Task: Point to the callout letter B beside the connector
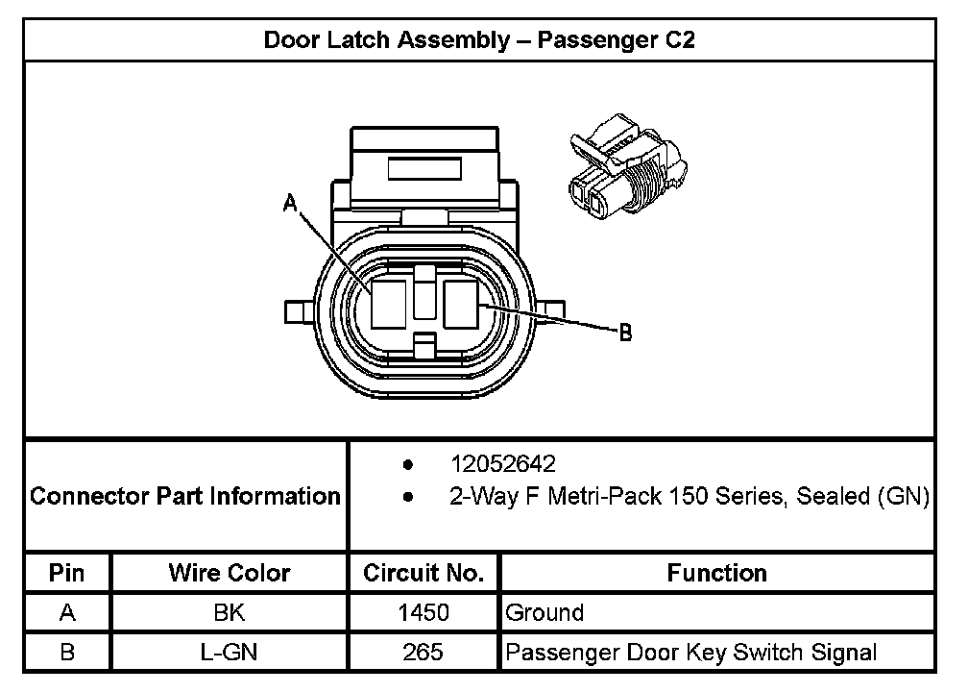[624, 333]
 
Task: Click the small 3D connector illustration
[623, 168]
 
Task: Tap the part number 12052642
[503, 464]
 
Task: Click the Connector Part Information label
[185, 497]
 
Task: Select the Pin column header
[66, 574]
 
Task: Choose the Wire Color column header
[230, 574]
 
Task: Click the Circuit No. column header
[423, 574]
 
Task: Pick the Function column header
[716, 574]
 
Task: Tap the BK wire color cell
[230, 612]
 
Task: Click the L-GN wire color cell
[230, 653]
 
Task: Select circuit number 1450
[423, 612]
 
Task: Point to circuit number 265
[423, 653]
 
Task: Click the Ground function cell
[544, 612]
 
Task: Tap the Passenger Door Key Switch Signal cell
[690, 653]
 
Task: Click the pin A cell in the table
[66, 612]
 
